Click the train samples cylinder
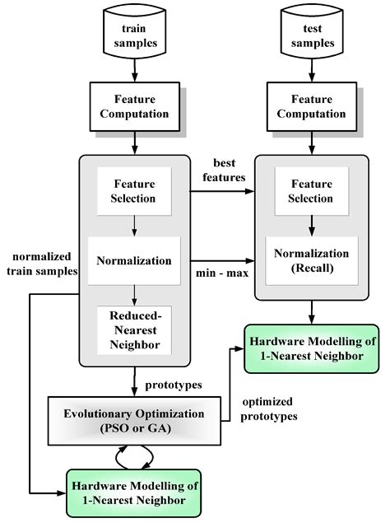tap(132, 34)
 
